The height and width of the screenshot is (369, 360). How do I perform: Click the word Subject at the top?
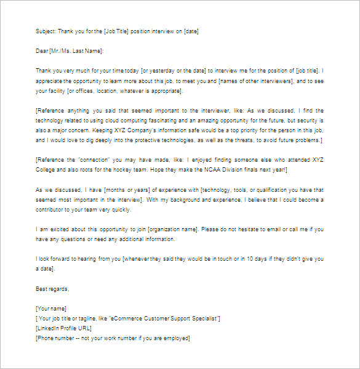[47, 31]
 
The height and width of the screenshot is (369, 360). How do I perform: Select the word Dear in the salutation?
[42, 51]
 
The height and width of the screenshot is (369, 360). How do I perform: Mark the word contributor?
[55, 210]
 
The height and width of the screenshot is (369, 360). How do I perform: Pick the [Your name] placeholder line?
[52, 309]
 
